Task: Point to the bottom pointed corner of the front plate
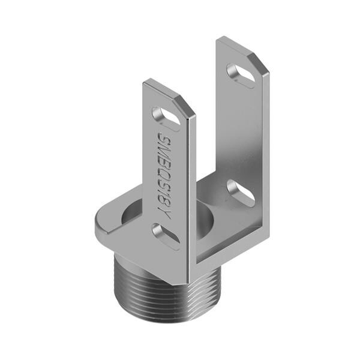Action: click(180, 282)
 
